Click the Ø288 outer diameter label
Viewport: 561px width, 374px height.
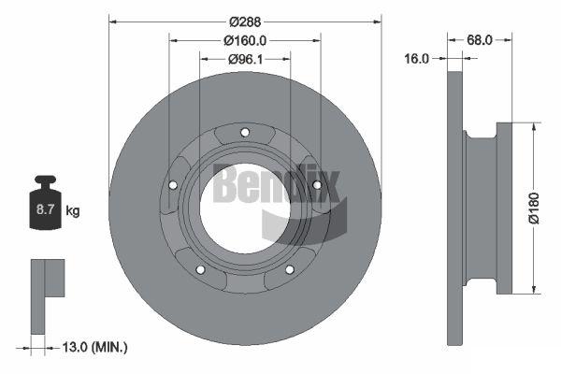(x=245, y=22)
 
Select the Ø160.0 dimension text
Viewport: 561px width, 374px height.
(x=245, y=41)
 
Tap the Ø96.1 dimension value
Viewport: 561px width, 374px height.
(x=245, y=59)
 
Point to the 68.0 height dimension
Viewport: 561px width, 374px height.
(x=480, y=40)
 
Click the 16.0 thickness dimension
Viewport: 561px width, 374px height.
(x=416, y=58)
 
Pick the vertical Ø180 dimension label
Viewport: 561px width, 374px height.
(x=534, y=209)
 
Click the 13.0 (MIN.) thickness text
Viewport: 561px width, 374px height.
(x=94, y=347)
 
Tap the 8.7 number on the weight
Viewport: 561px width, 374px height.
(x=45, y=209)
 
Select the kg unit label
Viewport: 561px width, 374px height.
(x=73, y=211)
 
